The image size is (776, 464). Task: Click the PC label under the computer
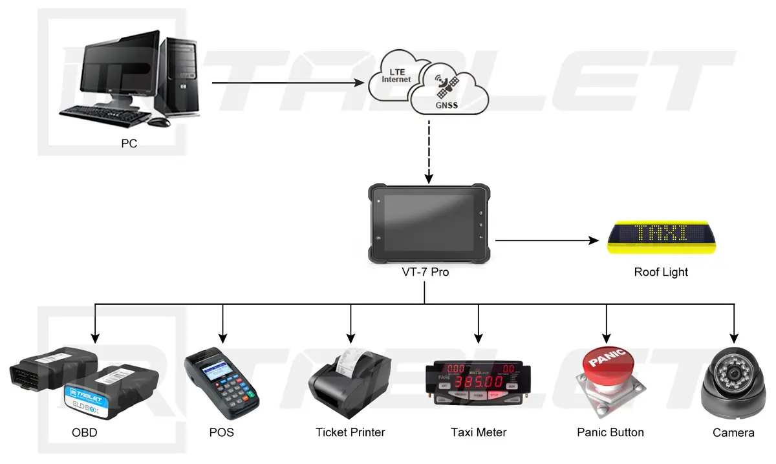click(129, 143)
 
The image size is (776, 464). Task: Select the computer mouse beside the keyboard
click(158, 121)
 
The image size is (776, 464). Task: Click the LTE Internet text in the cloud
click(396, 76)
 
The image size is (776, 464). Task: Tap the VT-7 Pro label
click(425, 272)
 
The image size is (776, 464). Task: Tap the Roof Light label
click(661, 272)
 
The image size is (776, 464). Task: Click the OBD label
click(85, 432)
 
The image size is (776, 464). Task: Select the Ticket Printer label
click(350, 432)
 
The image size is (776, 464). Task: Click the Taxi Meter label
click(479, 432)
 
